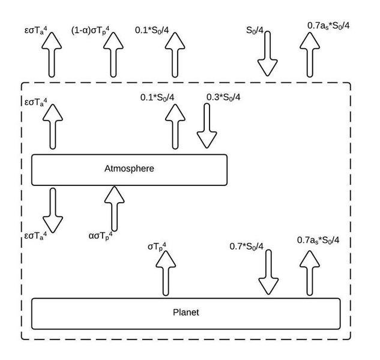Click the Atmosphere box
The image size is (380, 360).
(129, 169)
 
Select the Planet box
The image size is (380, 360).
(185, 313)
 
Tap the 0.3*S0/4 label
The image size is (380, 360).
(223, 97)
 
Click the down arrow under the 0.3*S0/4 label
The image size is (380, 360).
(207, 126)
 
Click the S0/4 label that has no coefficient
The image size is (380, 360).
(258, 29)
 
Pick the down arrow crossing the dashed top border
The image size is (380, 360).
(267, 57)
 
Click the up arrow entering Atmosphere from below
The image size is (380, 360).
(113, 208)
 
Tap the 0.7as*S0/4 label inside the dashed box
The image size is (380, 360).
(318, 240)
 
